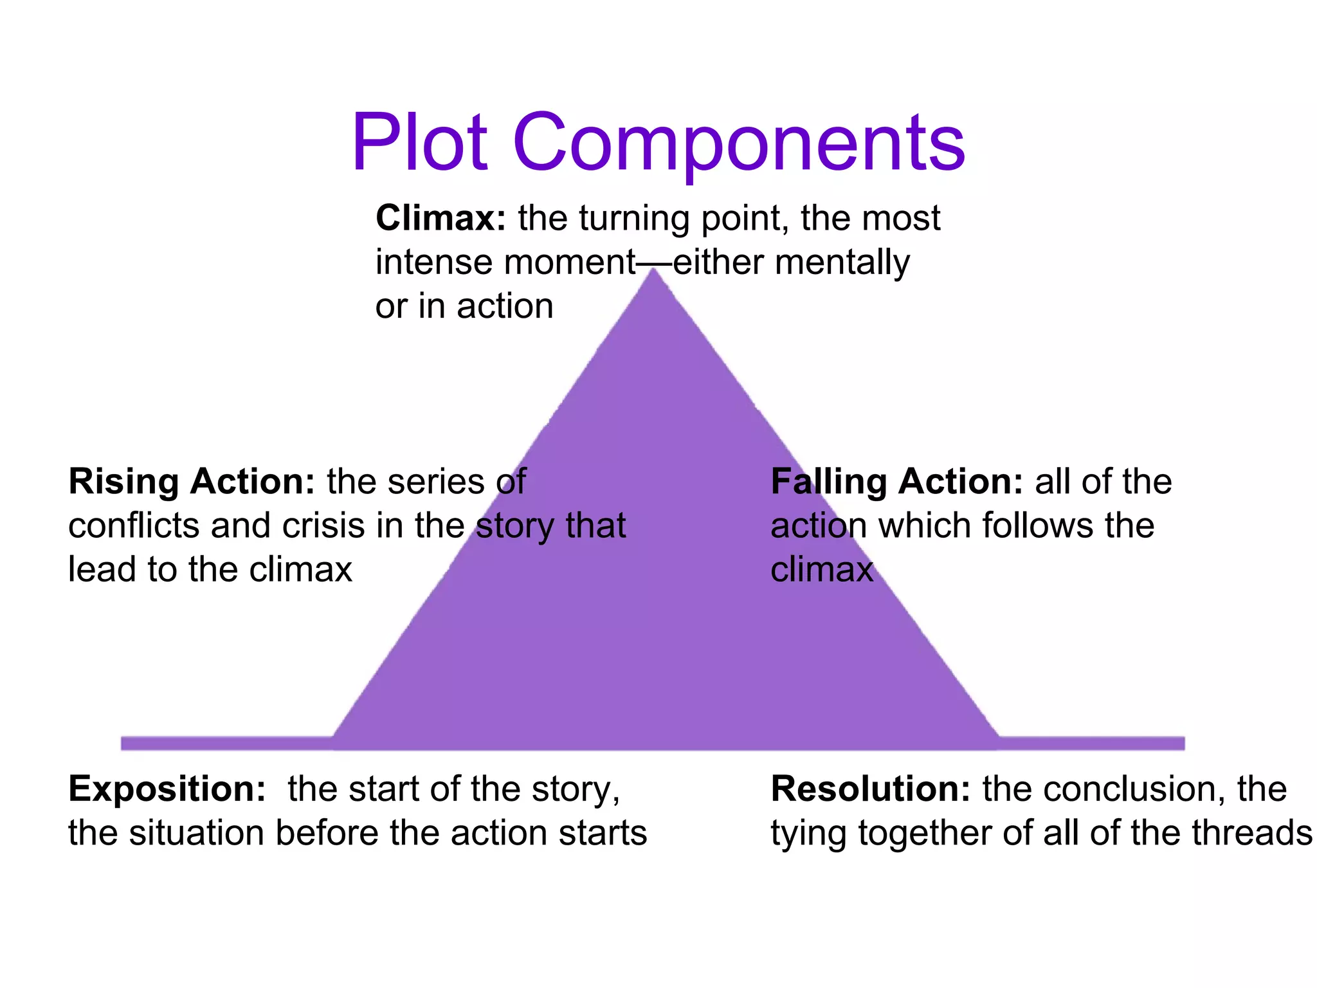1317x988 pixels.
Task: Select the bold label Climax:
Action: pyautogui.click(x=441, y=219)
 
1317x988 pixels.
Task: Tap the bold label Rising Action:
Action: pyautogui.click(x=192, y=482)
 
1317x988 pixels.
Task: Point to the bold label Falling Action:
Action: pyautogui.click(x=896, y=482)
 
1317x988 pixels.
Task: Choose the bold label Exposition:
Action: pyautogui.click(x=167, y=789)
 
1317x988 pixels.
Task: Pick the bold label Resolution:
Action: pyautogui.click(x=870, y=789)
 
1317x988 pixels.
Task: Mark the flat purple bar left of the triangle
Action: pyautogui.click(x=225, y=744)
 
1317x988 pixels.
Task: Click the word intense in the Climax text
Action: pyautogui.click(x=434, y=263)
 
